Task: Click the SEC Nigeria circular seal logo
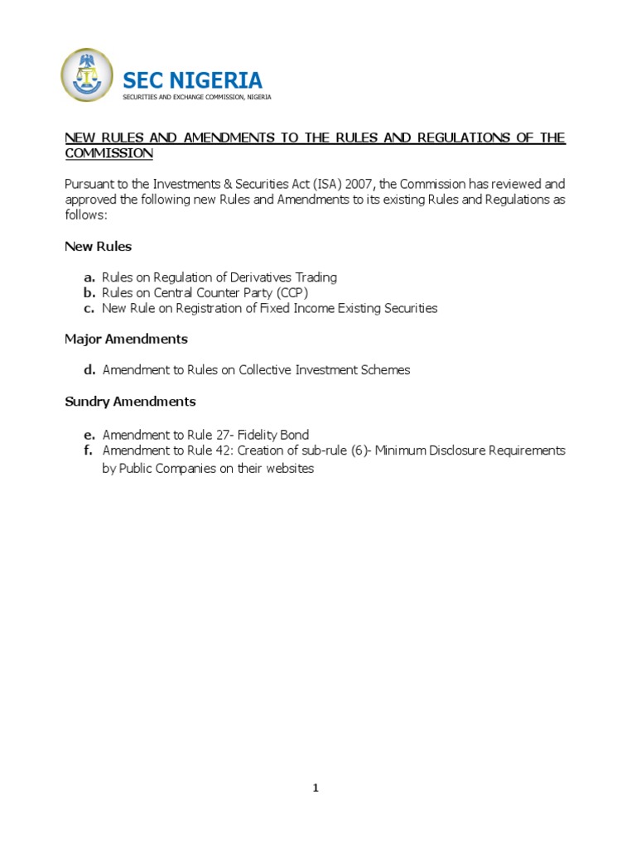point(87,75)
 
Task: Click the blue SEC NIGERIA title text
point(192,80)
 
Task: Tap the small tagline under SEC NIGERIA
point(196,97)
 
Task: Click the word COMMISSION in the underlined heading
point(109,153)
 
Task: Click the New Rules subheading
point(98,247)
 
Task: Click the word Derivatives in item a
point(263,277)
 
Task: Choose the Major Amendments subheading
point(126,340)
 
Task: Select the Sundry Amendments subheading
point(130,402)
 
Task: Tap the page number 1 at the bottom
point(316,788)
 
